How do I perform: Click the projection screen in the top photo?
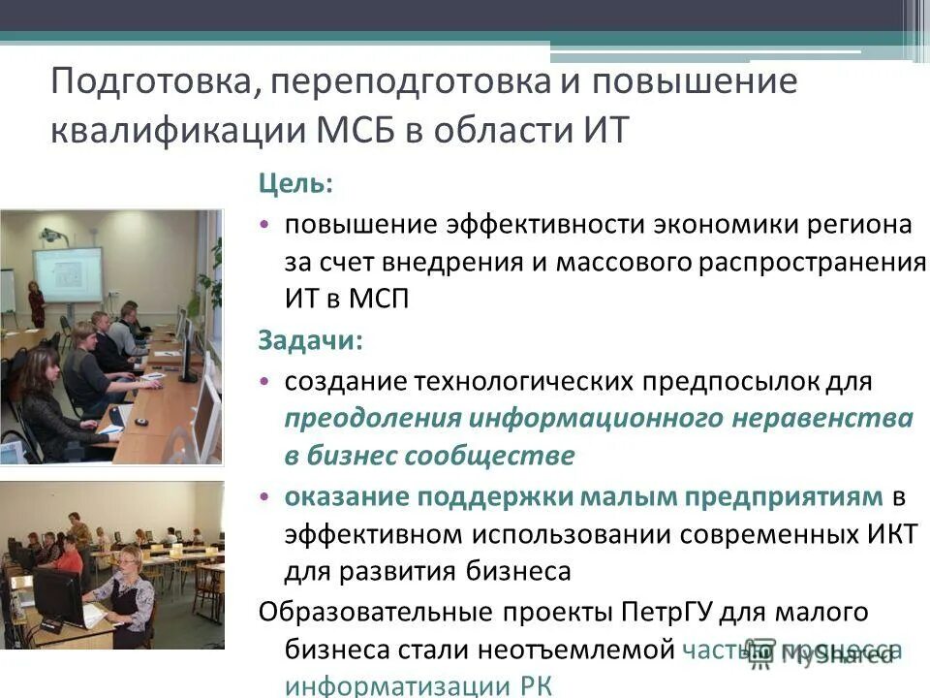click(x=67, y=275)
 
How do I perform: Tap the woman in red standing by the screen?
click(x=37, y=303)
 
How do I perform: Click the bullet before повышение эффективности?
click(x=265, y=226)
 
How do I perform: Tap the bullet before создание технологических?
click(x=265, y=381)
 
